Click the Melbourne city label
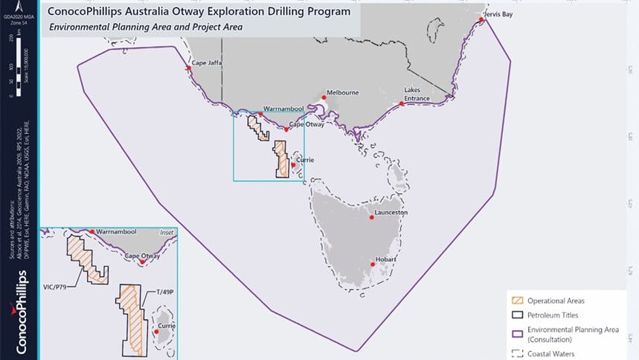tap(343, 92)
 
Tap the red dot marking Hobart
tap(373, 264)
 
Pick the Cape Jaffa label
tap(208, 63)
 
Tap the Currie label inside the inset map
tap(167, 326)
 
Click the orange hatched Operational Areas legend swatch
tap(515, 300)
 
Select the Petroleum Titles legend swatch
tap(515, 315)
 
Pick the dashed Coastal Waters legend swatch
tap(515, 353)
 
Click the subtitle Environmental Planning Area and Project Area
tap(146, 27)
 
